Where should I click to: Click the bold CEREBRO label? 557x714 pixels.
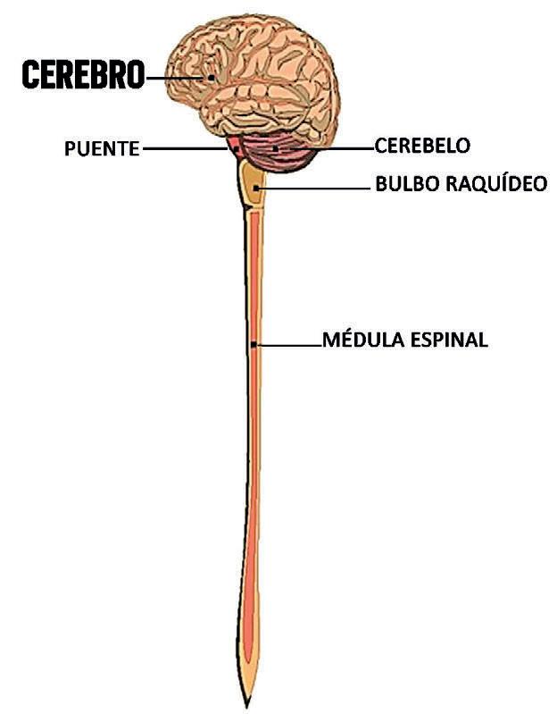tap(82, 76)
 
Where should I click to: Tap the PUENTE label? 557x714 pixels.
tap(102, 148)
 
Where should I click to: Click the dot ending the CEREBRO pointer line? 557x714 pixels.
tap(212, 78)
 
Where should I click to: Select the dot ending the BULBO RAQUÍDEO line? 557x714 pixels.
tap(257, 189)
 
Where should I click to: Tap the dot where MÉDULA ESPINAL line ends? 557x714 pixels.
tap(254, 344)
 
